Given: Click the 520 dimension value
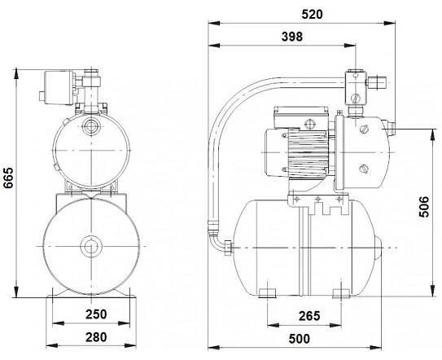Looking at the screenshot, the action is (312, 14).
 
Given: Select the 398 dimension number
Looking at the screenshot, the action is (292, 37).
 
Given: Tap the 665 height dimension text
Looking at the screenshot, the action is (8, 178).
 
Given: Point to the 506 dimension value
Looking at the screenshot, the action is (423, 207).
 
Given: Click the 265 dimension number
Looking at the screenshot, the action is (309, 316).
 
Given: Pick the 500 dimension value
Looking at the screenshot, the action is (300, 339).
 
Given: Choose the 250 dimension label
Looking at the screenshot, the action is (96, 314).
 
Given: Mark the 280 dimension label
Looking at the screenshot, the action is (96, 337).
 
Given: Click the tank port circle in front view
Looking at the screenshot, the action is (91, 246).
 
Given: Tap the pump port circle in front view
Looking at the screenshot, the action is (91, 125).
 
